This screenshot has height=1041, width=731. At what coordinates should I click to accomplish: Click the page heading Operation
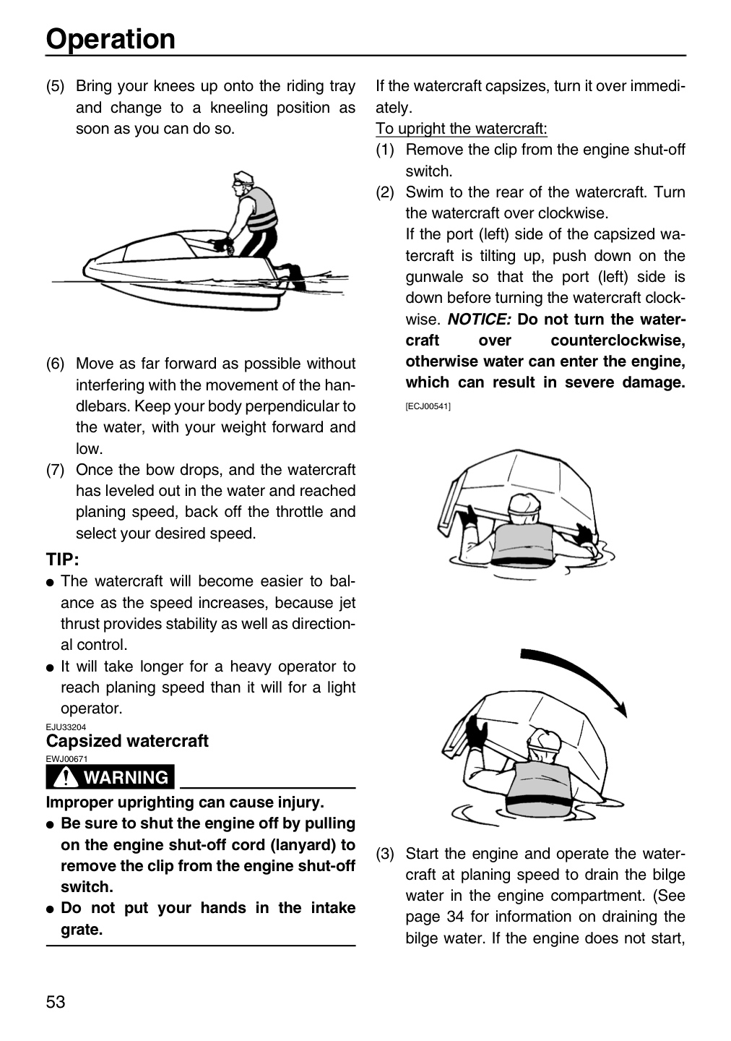tap(111, 40)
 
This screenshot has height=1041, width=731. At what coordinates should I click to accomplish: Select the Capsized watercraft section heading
tap(127, 741)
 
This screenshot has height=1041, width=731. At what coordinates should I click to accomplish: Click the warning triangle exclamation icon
tap(65, 776)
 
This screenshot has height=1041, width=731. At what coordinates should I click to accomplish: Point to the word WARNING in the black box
tap(126, 777)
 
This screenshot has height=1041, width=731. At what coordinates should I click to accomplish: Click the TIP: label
tap(62, 560)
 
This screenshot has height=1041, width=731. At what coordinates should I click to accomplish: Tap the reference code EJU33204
tap(66, 727)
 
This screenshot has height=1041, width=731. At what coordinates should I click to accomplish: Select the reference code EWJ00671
tap(66, 759)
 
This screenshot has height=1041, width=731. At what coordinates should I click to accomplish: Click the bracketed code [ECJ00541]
tap(428, 406)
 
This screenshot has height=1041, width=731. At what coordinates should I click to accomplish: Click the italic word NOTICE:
tap(480, 320)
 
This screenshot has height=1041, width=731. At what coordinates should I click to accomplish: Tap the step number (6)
tap(55, 364)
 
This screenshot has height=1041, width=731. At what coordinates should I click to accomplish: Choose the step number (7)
tap(55, 470)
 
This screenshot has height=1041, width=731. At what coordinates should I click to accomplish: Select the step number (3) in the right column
tap(384, 854)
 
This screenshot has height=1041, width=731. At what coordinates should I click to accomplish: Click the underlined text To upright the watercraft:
tap(461, 128)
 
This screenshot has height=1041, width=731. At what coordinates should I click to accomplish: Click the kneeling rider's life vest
tap(261, 209)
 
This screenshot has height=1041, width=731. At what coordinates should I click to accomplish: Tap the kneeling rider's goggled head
tap(243, 182)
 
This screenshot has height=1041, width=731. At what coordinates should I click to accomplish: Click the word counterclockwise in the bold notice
tap(618, 340)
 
